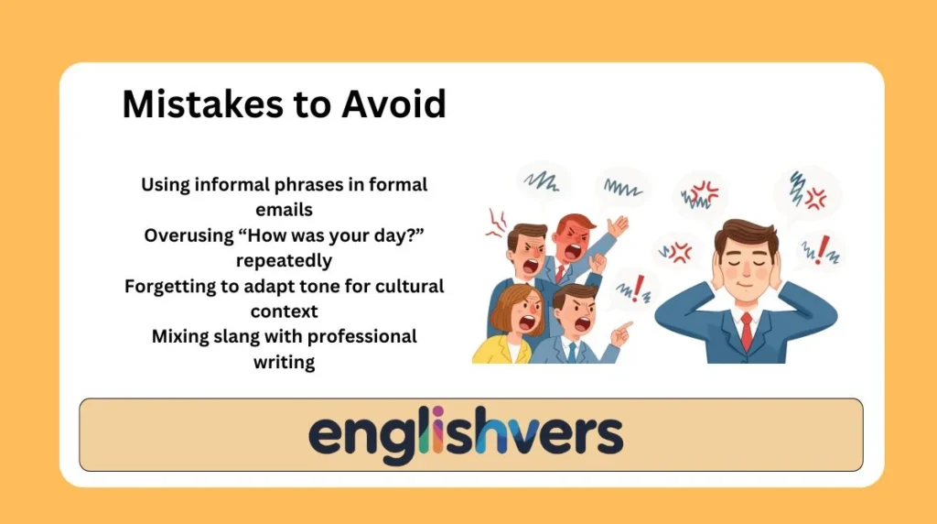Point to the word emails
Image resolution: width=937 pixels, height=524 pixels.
(284, 210)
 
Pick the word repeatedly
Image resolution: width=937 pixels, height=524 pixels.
(284, 261)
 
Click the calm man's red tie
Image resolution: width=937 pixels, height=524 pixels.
(747, 330)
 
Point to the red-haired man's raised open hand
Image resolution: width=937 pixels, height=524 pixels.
(619, 225)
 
